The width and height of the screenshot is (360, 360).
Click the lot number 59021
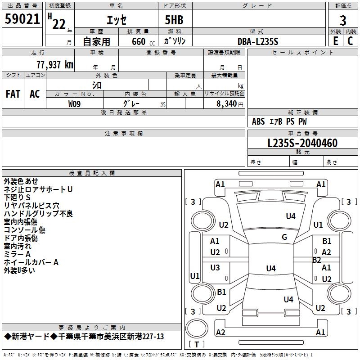22,19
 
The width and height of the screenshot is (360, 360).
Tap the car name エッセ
116,20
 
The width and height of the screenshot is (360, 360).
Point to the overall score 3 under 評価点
343,20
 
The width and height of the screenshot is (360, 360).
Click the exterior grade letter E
335,40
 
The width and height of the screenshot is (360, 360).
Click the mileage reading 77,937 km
54,64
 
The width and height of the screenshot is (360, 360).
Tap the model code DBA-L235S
258,41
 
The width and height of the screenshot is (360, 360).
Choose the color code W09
75,103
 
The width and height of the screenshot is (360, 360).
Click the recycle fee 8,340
225,103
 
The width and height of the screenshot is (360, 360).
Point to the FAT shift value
13,94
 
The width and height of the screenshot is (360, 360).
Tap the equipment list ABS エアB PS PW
280,121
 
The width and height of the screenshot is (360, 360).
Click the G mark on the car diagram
284,237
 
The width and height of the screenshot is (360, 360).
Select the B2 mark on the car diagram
317,260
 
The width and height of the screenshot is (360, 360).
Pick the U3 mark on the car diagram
215,268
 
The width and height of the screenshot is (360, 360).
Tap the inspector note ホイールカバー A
31,262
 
